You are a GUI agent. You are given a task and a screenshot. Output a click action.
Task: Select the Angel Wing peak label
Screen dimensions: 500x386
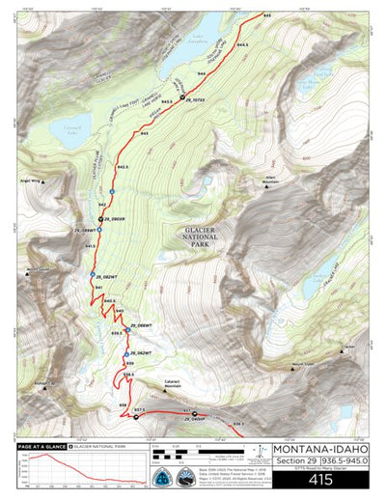click(x=30, y=180)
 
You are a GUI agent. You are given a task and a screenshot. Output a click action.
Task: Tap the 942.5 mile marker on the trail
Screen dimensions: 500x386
click(x=122, y=167)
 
